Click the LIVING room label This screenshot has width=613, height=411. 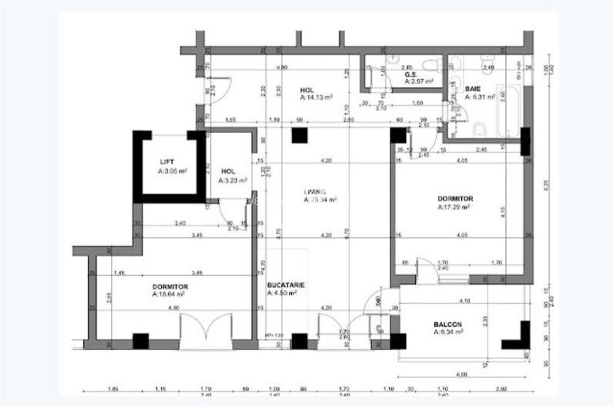[315, 191]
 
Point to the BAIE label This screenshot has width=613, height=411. [473, 88]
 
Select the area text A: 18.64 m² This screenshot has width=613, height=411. [168, 295]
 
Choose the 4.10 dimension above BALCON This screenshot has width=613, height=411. [462, 301]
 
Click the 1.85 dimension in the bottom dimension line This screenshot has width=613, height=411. [112, 389]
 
